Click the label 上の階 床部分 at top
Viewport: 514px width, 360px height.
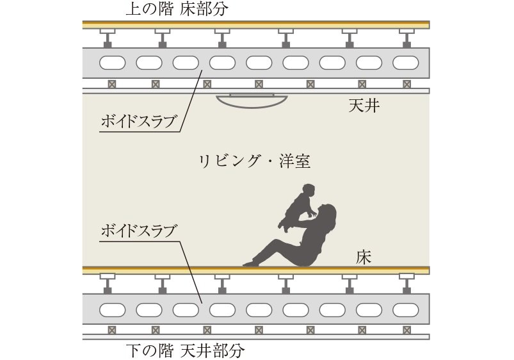177,9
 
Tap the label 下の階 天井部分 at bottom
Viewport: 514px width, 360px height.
185,350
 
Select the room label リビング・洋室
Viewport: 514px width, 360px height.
255,161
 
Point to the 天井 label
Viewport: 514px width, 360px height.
364,106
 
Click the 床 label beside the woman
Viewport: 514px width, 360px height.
364,257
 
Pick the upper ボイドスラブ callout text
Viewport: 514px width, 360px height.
138,122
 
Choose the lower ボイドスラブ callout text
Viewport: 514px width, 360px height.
138,231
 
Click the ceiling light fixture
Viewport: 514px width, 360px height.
252,101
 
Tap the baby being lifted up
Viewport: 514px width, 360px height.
298,207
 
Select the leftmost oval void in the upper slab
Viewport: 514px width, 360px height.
113,63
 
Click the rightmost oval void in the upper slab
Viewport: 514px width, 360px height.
405,63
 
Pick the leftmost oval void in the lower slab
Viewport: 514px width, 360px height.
113,310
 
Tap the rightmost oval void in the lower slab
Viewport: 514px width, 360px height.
405,310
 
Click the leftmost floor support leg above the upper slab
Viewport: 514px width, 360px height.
108,38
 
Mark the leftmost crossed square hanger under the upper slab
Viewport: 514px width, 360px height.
112,85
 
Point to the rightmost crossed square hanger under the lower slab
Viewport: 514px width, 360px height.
407,330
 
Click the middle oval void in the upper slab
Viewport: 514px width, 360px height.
259,63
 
